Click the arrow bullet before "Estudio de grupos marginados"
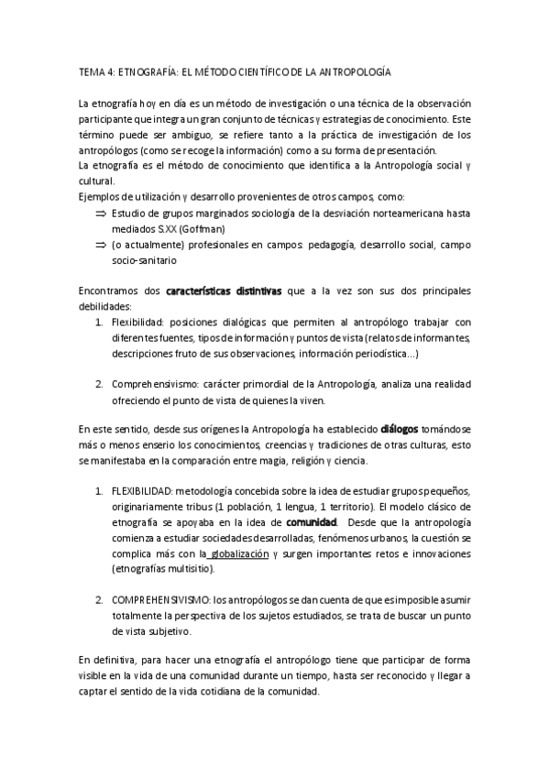point(101,213)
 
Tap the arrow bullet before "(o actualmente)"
point(101,246)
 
